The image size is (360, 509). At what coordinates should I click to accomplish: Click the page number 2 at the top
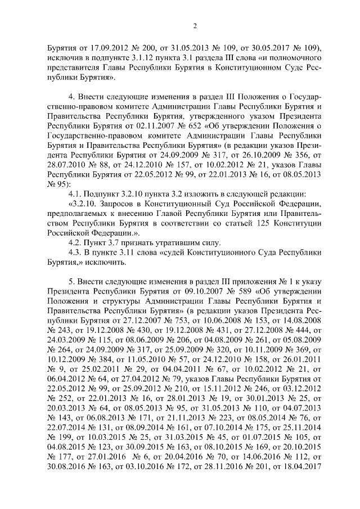(x=195, y=25)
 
